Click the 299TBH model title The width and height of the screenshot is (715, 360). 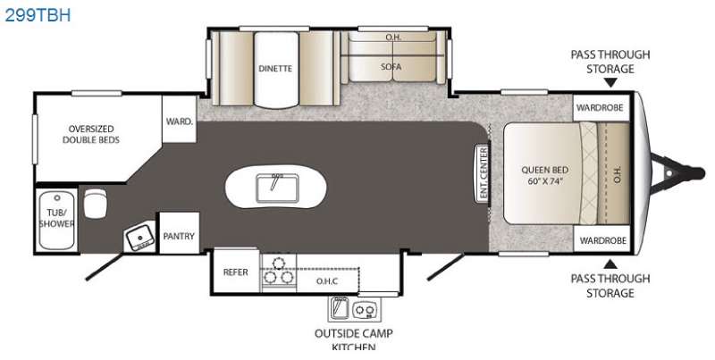38,15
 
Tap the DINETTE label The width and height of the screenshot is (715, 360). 275,69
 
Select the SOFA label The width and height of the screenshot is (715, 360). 391,66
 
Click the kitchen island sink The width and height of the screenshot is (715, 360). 277,188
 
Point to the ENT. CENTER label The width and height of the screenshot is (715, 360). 484,173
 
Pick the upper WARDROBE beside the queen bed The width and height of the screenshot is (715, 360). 600,108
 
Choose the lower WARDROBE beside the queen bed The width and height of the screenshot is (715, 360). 602,240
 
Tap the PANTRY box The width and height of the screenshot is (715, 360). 179,233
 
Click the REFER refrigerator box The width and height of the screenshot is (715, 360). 236,272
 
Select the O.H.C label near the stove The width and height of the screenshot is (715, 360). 327,281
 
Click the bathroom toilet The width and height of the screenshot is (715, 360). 95,204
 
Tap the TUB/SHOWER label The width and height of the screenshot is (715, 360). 56,218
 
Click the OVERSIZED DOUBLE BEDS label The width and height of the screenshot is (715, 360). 91,134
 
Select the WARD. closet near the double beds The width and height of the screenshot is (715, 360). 180,119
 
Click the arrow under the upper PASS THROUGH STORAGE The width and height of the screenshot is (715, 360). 610,83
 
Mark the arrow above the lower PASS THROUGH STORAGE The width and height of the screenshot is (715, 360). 610,264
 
